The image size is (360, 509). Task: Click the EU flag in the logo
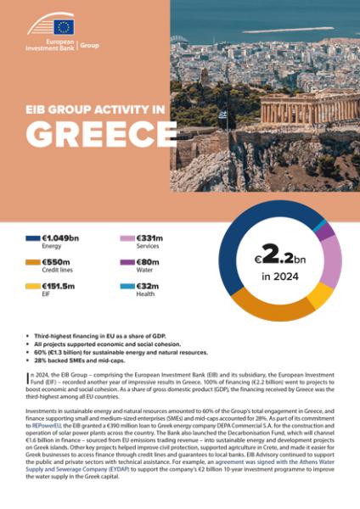(x=64, y=27)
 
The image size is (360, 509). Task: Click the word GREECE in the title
(x=97, y=133)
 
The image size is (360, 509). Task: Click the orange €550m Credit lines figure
(x=58, y=263)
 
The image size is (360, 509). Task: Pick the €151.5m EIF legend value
(x=59, y=287)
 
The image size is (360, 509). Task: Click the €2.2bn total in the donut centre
(x=280, y=255)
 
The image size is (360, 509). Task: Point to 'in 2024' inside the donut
(x=280, y=276)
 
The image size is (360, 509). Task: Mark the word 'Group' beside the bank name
(x=88, y=45)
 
